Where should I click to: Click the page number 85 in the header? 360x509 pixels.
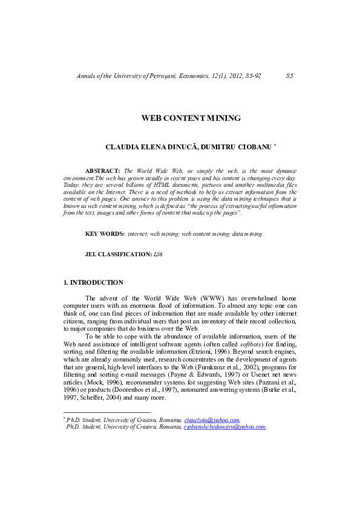click(289, 76)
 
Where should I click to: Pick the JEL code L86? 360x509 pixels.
click(159, 254)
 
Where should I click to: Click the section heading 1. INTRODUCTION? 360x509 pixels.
click(93, 282)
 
